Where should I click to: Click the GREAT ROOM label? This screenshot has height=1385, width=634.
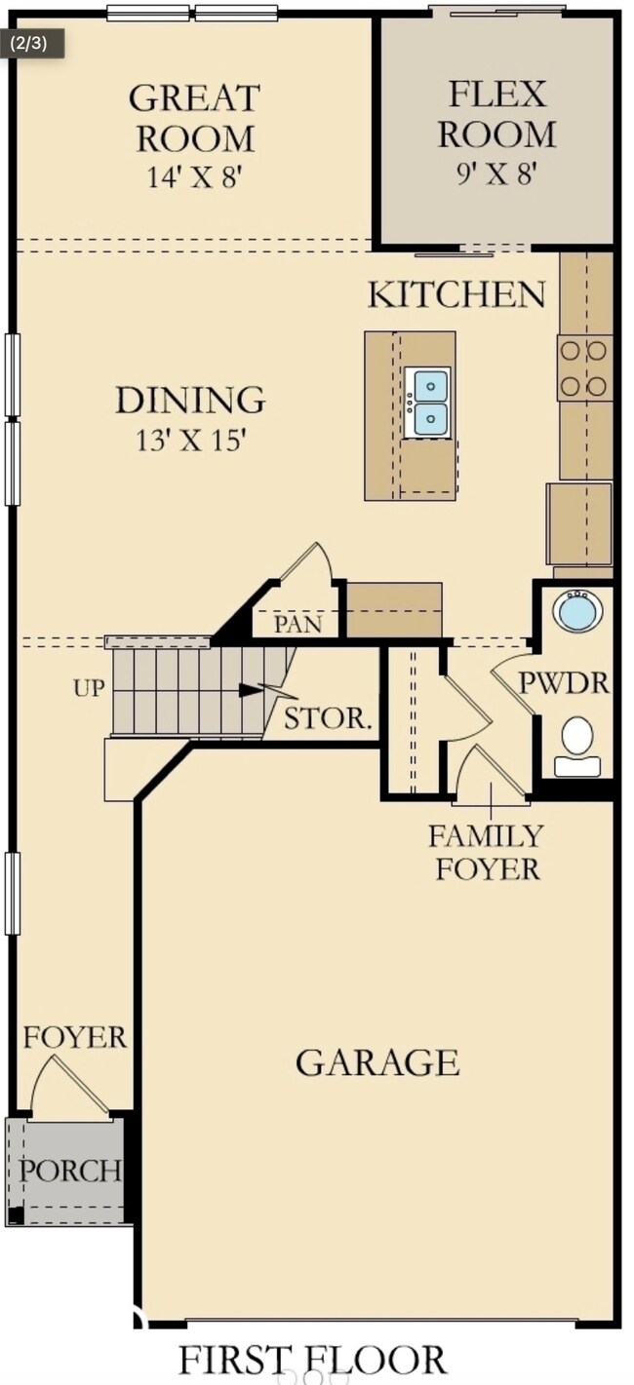point(194,118)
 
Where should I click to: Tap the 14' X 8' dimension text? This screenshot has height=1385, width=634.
point(193,177)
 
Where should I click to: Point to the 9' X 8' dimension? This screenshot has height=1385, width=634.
point(495,173)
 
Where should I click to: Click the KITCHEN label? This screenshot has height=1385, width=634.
point(457,294)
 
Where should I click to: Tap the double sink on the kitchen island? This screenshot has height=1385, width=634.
point(427,403)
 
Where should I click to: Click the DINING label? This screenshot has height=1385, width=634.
point(190,400)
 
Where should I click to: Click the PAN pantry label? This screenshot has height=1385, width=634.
point(298,624)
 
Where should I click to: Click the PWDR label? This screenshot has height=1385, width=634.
point(564,683)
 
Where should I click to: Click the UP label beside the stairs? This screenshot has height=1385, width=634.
point(90,688)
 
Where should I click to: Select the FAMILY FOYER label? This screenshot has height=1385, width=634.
point(487,853)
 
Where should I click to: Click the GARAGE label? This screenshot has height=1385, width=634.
point(377,1062)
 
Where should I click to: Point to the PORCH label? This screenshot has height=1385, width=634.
point(70,1171)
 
